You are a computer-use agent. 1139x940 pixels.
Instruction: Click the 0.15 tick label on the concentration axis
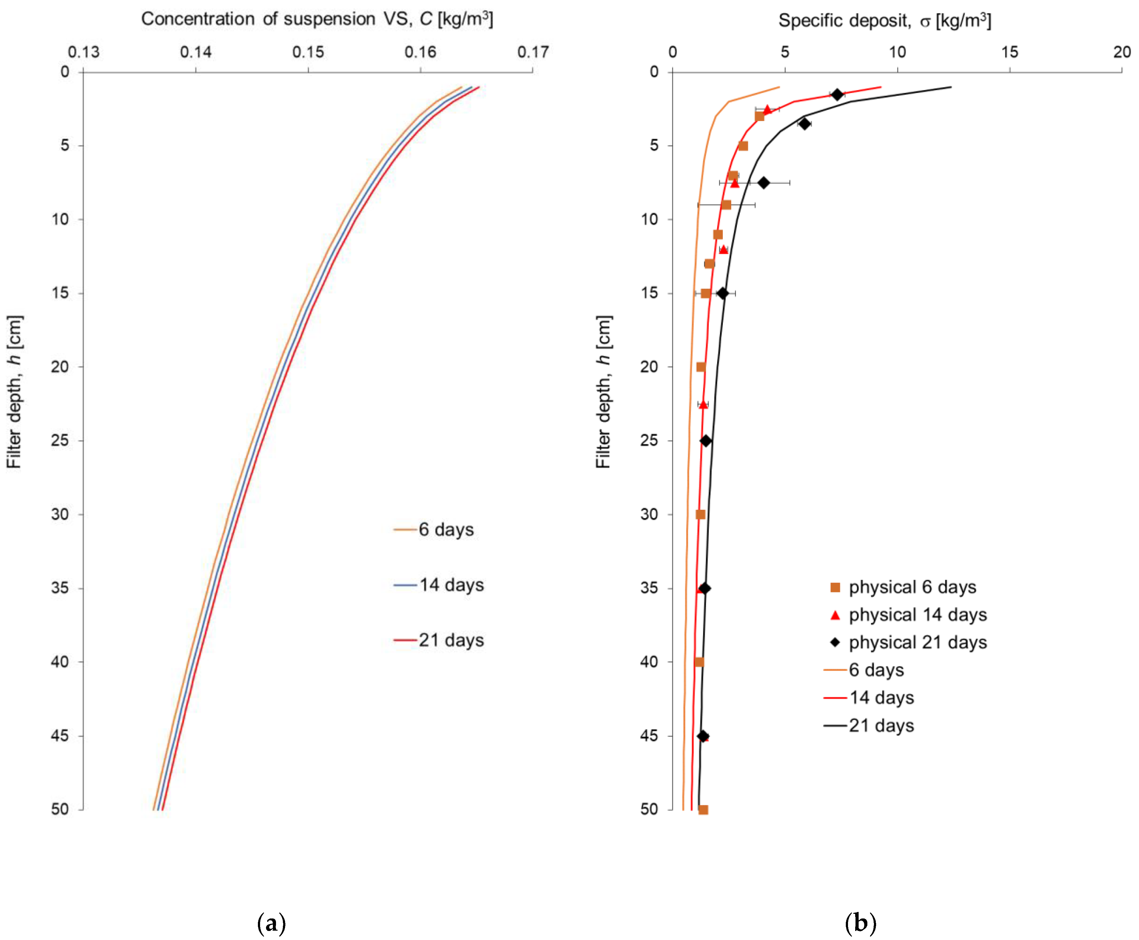coord(308,52)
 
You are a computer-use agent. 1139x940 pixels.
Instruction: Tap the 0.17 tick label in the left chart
coord(533,52)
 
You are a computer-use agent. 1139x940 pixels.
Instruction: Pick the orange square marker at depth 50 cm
coord(703,810)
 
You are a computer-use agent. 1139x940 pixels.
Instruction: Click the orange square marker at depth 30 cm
coord(700,514)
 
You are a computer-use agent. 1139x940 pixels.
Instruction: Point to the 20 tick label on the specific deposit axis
coord(1122,52)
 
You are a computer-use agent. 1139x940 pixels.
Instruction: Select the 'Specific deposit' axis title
coord(884,21)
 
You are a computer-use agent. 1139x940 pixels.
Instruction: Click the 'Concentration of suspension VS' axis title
coord(317,19)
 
